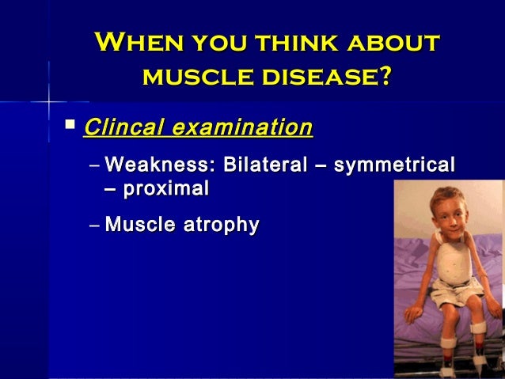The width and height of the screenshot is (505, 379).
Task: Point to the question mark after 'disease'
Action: click(x=386, y=77)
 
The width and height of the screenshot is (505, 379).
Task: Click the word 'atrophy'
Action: click(x=221, y=225)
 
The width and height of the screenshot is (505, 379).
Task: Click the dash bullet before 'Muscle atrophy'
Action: click(x=95, y=226)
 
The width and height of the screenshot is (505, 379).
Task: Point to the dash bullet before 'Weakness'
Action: click(x=95, y=166)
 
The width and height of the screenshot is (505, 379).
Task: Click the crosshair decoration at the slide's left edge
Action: click(x=48, y=102)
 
